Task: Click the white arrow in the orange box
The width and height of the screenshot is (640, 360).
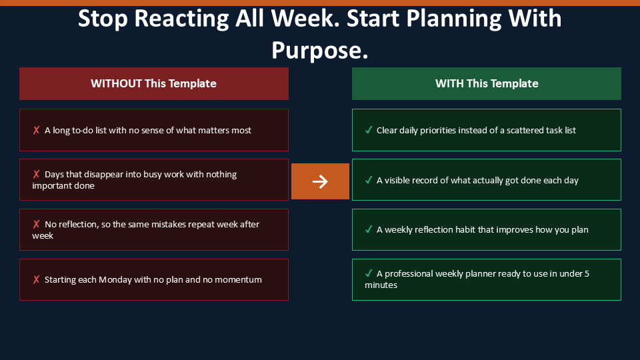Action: (320, 181)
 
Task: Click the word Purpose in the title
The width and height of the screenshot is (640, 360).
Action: (319, 50)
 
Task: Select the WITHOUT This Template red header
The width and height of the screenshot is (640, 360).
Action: (154, 84)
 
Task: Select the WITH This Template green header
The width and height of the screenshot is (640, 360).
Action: (487, 84)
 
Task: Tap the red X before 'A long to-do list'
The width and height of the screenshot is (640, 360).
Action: (36, 130)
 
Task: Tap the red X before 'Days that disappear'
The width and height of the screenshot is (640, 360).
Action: (36, 174)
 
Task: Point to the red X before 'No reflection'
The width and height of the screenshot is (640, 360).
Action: (36, 224)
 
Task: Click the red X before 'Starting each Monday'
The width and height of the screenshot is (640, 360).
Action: (36, 279)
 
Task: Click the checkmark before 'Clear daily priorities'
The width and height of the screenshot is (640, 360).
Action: (369, 130)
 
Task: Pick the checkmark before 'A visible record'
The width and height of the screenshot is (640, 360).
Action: (369, 180)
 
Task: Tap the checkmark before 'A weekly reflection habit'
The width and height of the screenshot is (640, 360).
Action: (369, 229)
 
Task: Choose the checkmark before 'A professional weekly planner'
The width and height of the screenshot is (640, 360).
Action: (369, 273)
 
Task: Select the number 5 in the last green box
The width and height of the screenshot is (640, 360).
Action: (587, 273)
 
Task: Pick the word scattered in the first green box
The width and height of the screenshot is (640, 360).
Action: (527, 130)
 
